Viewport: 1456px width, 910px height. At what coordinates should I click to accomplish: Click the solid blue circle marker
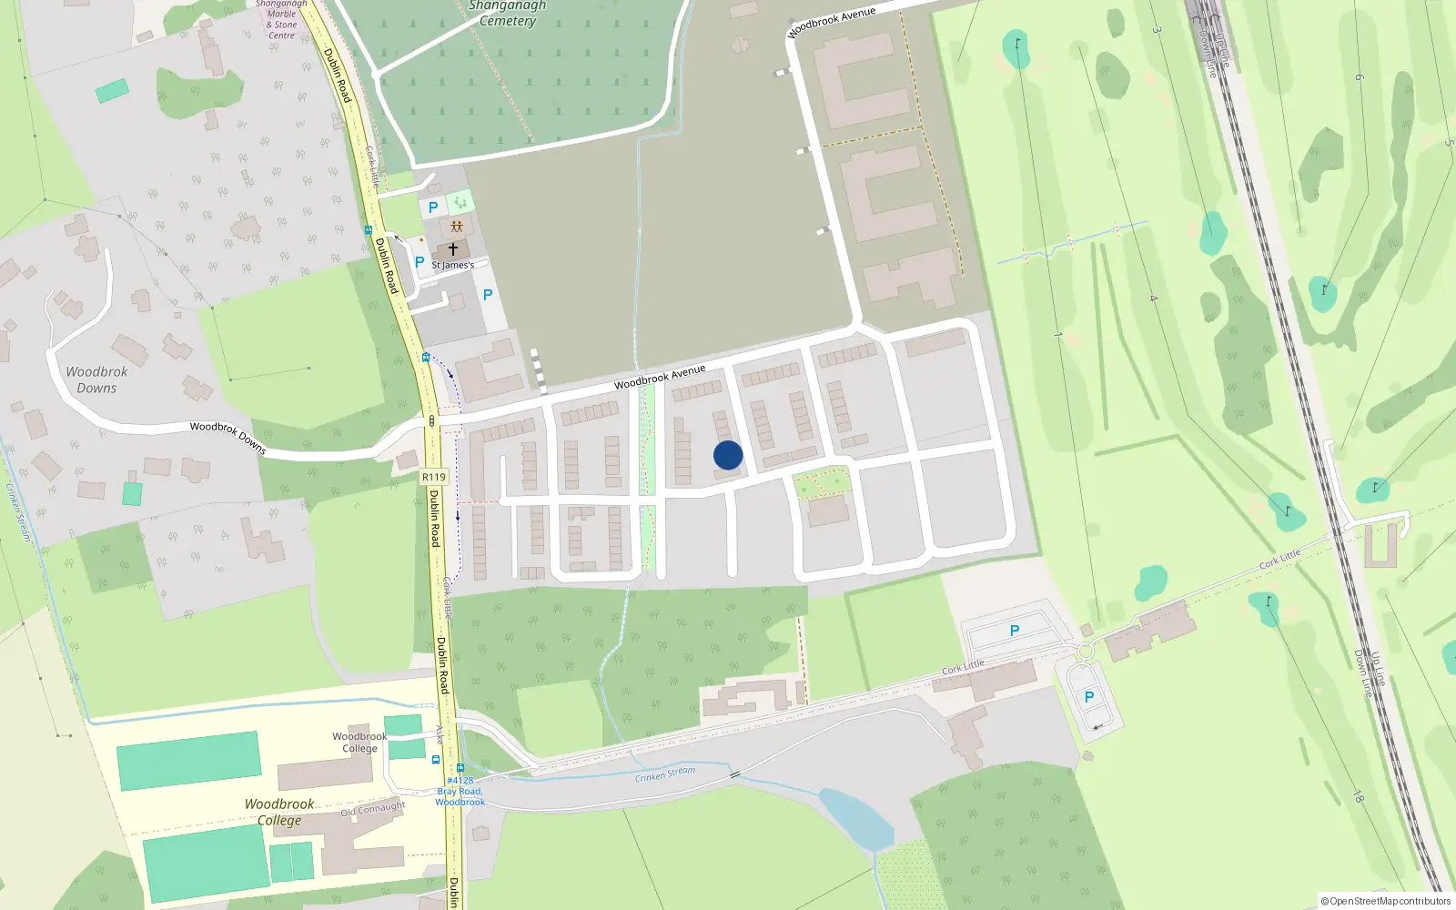click(728, 455)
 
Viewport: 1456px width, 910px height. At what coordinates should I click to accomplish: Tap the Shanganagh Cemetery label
click(507, 13)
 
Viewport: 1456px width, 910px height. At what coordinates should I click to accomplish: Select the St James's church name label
click(452, 266)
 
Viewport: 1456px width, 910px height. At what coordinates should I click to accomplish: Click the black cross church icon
click(452, 248)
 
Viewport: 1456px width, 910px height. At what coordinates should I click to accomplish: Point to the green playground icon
click(460, 201)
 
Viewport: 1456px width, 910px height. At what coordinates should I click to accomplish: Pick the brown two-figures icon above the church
click(457, 227)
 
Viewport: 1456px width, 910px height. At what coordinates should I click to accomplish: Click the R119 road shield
click(434, 477)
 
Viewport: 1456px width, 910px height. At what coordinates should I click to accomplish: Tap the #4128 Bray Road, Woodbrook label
click(460, 791)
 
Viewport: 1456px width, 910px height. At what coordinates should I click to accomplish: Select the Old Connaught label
click(373, 809)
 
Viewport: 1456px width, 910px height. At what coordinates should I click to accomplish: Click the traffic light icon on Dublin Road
click(431, 420)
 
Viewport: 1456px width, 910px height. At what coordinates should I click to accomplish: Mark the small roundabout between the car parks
click(1085, 652)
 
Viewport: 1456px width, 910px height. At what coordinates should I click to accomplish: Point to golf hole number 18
click(1357, 797)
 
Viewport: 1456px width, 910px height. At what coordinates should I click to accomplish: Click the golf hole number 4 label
click(1153, 298)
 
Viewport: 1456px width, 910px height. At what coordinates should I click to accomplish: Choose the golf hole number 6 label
click(1360, 77)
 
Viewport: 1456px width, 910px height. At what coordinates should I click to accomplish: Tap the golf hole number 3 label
click(1158, 30)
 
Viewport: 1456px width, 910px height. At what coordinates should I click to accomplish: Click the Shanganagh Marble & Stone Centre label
click(281, 20)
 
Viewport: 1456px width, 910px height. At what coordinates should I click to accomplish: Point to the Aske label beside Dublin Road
click(439, 733)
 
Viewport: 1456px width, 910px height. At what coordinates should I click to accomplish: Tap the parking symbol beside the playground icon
click(433, 207)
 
